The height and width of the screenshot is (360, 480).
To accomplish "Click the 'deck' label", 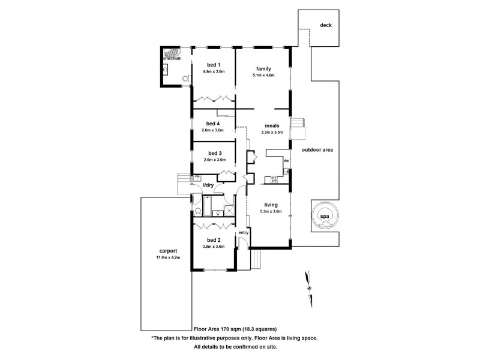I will [326, 25].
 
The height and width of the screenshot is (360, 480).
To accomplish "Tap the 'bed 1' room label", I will [214, 65].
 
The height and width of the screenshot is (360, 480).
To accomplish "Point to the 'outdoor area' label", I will [317, 149].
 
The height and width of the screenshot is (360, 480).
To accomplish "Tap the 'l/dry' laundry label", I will [208, 185].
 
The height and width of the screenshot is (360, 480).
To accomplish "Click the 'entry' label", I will [243, 232].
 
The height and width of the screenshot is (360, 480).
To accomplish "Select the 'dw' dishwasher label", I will [287, 161].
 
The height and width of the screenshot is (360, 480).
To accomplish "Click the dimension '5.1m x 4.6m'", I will [264, 75].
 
